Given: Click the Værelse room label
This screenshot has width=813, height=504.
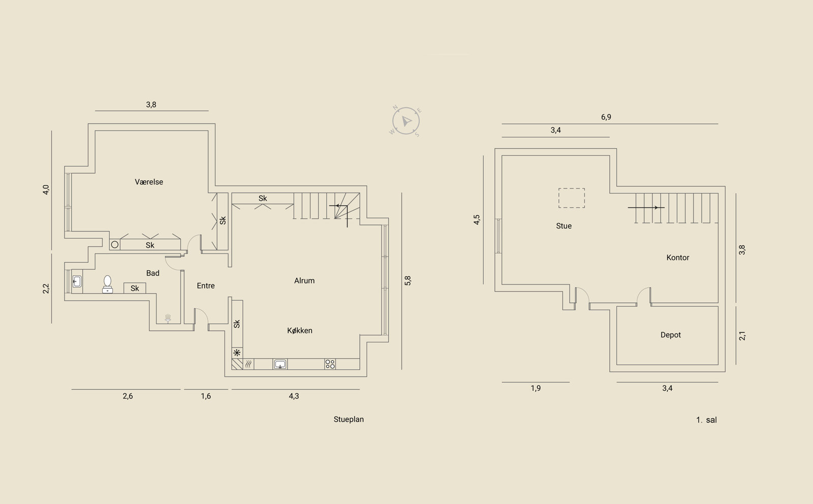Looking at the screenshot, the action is (x=149, y=182).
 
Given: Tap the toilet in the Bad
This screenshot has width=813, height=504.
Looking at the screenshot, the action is (x=107, y=284).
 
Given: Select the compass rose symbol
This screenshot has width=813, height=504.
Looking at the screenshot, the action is (x=406, y=121).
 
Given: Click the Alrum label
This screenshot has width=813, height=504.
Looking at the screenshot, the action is (x=304, y=280).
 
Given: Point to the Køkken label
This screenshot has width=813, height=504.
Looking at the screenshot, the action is (x=299, y=331).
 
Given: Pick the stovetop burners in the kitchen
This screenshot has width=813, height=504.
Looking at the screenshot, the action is (x=330, y=364).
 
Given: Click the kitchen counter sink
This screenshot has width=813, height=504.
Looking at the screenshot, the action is (x=280, y=364).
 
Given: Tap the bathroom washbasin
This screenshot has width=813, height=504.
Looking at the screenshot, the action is (x=77, y=281).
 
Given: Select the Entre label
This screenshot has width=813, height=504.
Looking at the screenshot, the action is (x=205, y=286).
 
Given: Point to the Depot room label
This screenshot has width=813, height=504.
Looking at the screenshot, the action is (x=670, y=335).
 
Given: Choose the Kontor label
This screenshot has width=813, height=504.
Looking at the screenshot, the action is (x=678, y=258).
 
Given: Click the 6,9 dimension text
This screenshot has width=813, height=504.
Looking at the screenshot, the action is (x=606, y=117).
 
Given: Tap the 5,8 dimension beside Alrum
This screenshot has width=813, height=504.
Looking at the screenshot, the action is (x=408, y=280).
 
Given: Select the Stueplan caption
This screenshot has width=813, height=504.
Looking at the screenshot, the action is (x=349, y=419).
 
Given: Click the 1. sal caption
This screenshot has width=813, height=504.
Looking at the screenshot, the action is (x=706, y=420).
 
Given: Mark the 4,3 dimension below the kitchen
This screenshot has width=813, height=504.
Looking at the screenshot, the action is (x=294, y=396).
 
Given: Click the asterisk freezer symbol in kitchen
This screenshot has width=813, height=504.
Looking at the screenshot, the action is (x=237, y=352).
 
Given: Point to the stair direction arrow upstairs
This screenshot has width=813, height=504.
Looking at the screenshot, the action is (x=646, y=208).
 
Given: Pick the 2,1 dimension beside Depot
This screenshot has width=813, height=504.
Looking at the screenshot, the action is (x=742, y=336).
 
